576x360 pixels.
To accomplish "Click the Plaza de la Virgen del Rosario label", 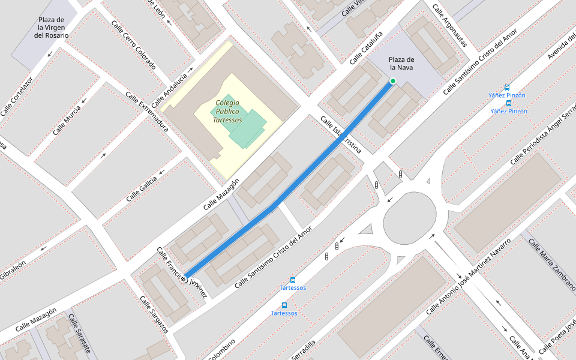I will tap(52, 28).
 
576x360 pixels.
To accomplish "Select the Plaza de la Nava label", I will tap(401, 64).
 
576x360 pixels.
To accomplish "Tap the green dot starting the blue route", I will tap(393, 81).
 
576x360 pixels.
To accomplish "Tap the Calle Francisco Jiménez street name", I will tap(182, 272).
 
